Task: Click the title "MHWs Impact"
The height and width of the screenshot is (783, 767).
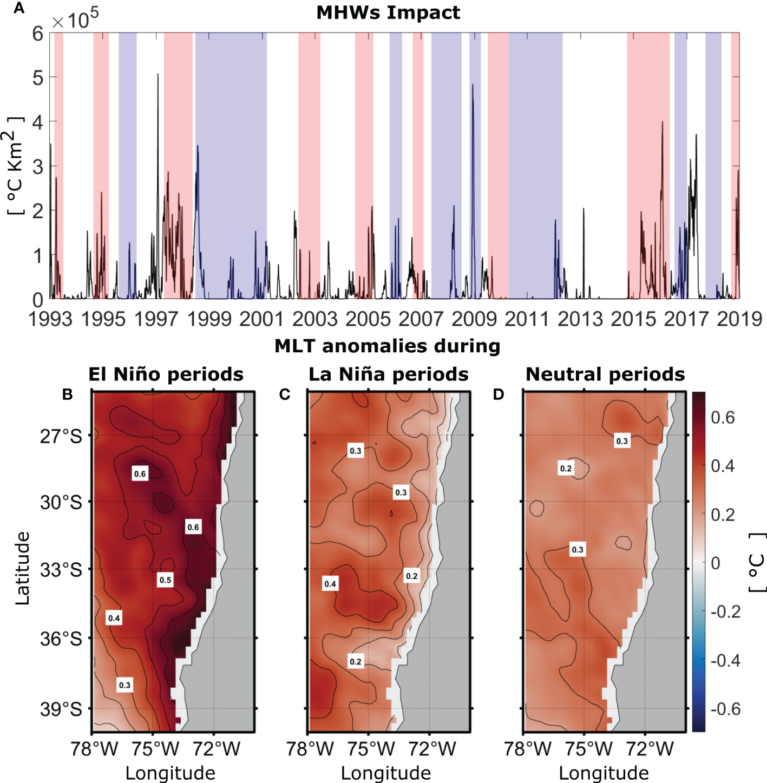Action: [x=388, y=12]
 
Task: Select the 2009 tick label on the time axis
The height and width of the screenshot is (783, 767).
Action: [x=474, y=319]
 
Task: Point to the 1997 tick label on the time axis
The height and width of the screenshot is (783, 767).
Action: [x=156, y=319]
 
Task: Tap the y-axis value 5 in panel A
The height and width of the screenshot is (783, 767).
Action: [x=37, y=78]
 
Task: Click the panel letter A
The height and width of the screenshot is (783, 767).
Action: [x=19, y=9]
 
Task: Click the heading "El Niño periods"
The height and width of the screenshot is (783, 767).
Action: [x=166, y=374]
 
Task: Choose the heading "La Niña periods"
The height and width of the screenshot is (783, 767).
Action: [x=388, y=374]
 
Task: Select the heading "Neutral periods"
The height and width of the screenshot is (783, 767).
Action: [x=605, y=374]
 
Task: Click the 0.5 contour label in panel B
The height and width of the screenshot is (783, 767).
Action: [x=165, y=580]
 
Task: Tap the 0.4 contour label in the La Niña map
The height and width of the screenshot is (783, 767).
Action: [x=330, y=584]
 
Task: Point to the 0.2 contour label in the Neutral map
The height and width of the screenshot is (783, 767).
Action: [x=566, y=469]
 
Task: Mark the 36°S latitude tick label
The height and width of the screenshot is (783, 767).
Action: [x=61, y=639]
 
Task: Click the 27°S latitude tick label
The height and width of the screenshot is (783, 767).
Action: [x=61, y=436]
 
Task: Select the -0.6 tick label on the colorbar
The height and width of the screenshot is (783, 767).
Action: [x=725, y=709]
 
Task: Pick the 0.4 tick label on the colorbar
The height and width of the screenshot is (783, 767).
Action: [x=723, y=466]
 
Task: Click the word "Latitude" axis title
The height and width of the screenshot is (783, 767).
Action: [x=22, y=568]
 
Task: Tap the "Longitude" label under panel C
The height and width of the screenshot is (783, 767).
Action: [x=386, y=773]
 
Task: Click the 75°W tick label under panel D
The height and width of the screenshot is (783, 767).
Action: [x=588, y=749]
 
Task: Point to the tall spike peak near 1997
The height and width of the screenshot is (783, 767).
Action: [x=158, y=75]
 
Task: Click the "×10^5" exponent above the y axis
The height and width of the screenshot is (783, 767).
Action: [x=75, y=19]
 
